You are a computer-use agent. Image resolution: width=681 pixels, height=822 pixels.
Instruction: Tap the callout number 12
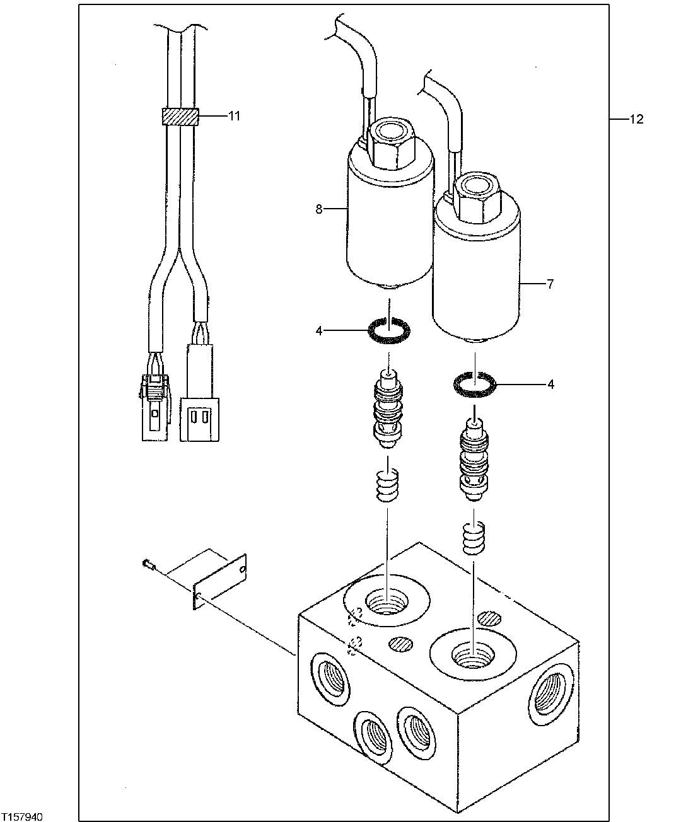637,119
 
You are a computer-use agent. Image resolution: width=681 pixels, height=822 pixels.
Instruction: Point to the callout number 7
550,284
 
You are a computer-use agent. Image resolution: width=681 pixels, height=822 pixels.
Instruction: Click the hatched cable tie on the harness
180,117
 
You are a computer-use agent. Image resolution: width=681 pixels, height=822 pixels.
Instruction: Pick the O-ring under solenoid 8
389,330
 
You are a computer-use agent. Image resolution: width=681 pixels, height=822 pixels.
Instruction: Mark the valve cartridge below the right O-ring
474,460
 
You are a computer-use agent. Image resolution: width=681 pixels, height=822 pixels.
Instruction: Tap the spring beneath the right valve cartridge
474,537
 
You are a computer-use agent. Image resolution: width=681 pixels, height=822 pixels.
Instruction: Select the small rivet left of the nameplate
148,565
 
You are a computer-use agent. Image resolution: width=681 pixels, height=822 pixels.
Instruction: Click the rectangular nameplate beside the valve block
219,580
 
